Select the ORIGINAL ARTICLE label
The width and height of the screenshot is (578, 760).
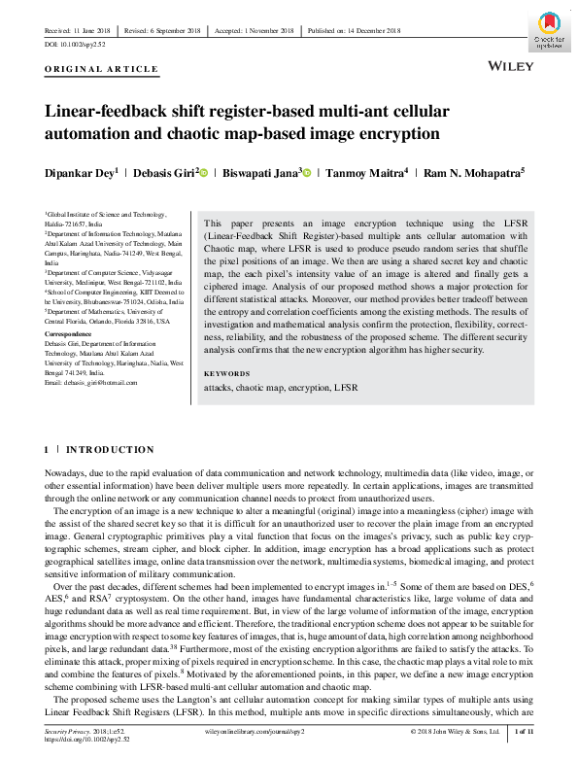coord(101,69)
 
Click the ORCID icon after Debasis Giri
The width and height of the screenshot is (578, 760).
coord(203,172)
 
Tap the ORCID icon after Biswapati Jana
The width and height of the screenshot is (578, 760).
coord(306,172)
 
